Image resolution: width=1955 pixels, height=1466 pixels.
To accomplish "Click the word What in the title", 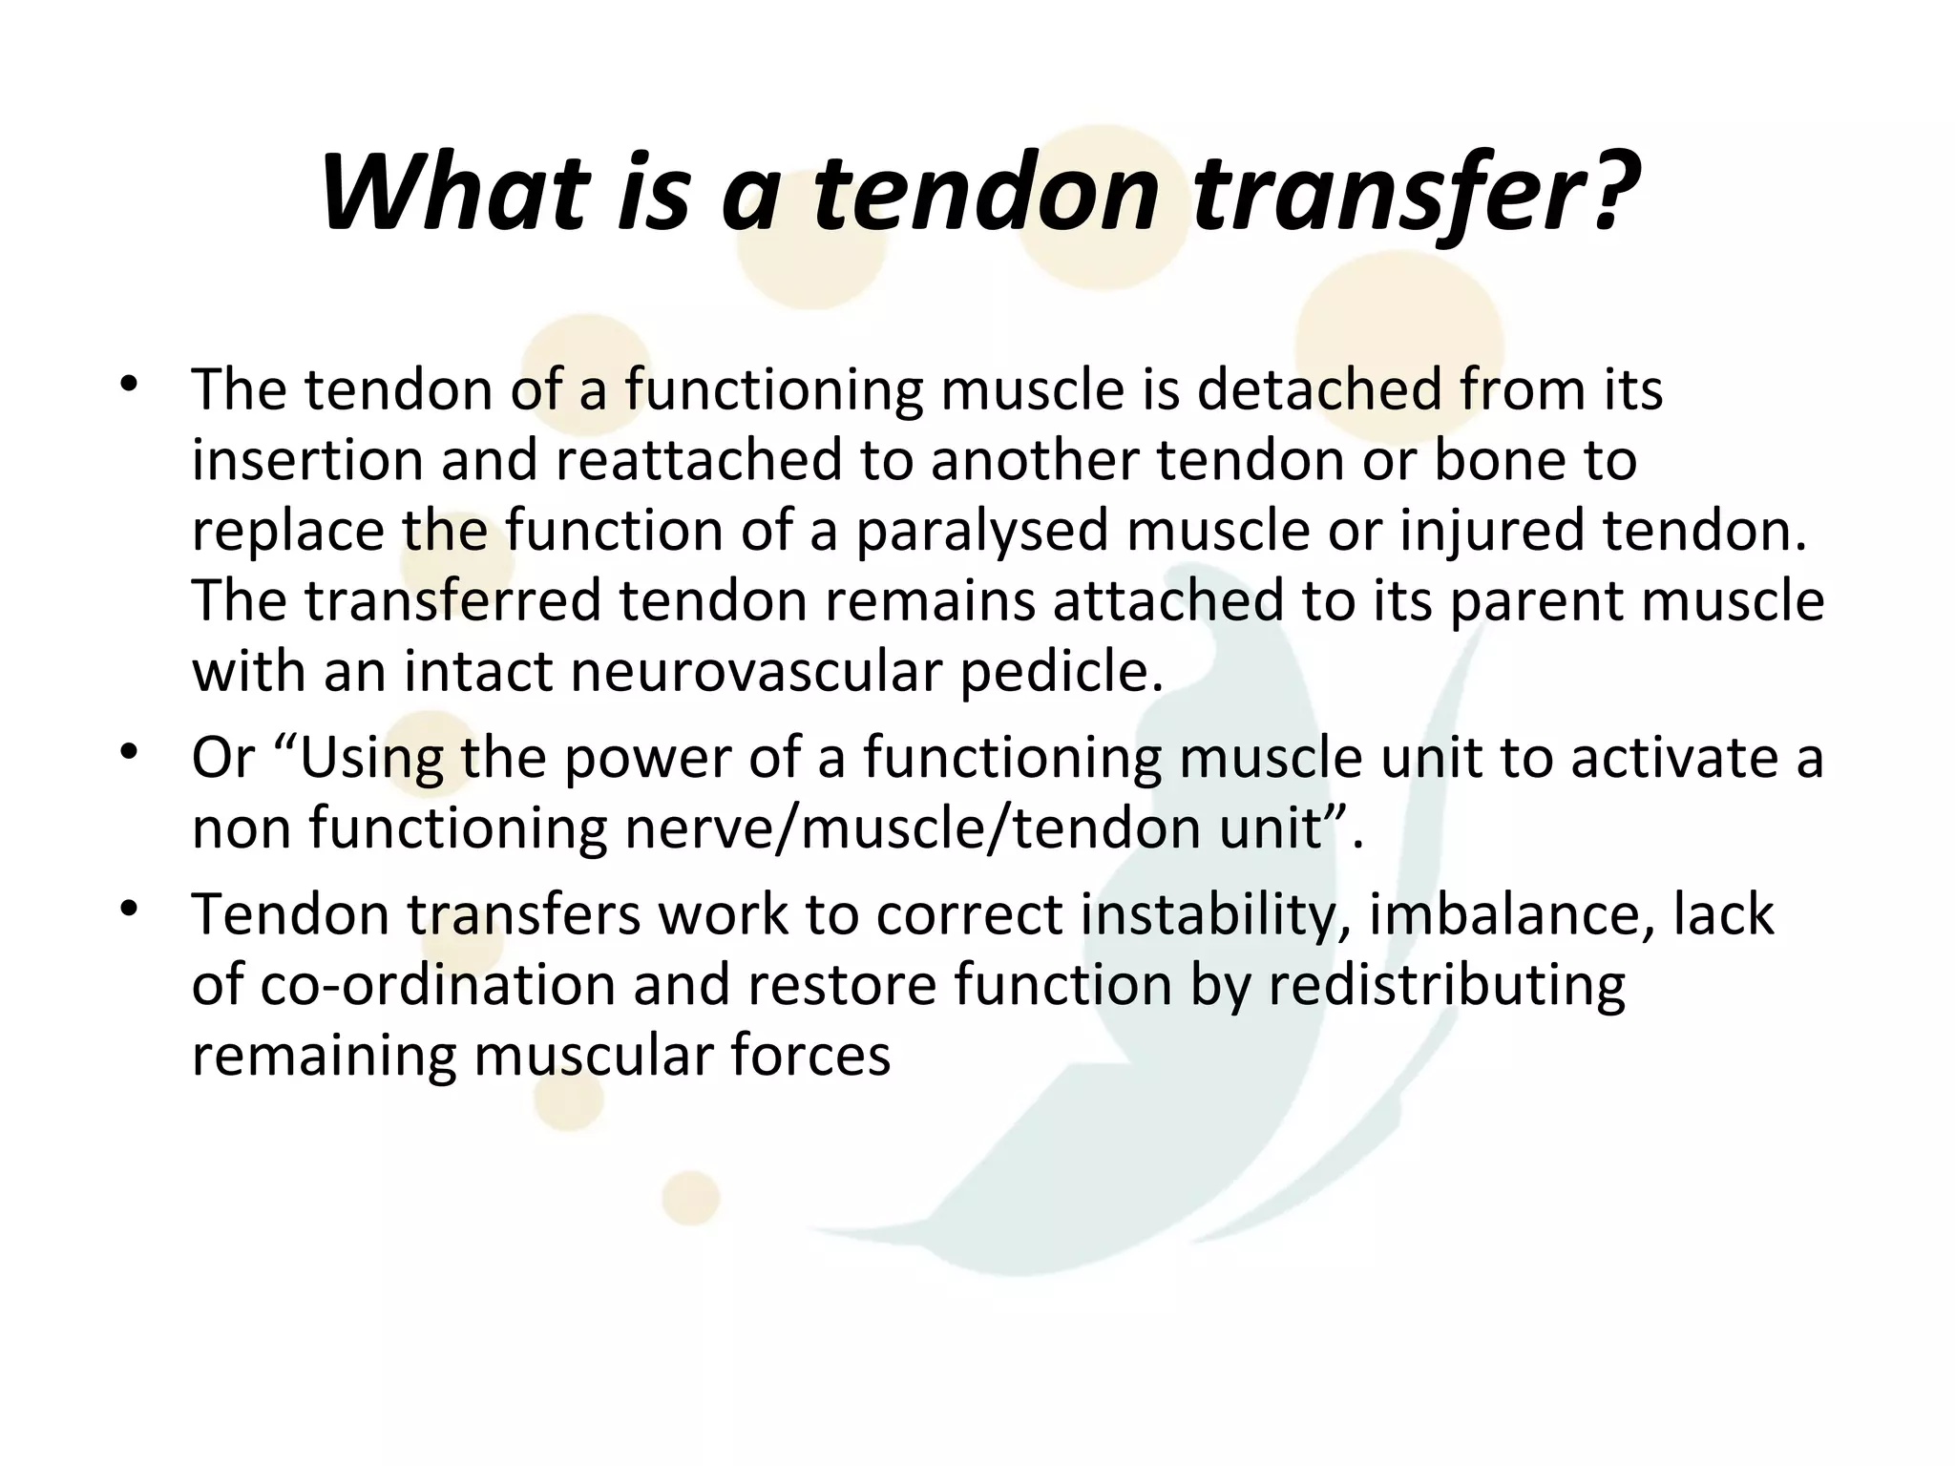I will [451, 194].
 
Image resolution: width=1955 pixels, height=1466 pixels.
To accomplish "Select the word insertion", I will [306, 460].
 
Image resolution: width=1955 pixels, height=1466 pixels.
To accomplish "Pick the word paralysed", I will [982, 531].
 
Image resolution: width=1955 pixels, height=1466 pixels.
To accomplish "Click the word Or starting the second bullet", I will [223, 758].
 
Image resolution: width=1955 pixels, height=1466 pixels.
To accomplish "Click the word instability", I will [1216, 914].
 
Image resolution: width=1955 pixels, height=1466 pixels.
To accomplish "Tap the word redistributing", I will [1445, 985].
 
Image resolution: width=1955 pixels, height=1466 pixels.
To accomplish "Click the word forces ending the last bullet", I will [810, 1056].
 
